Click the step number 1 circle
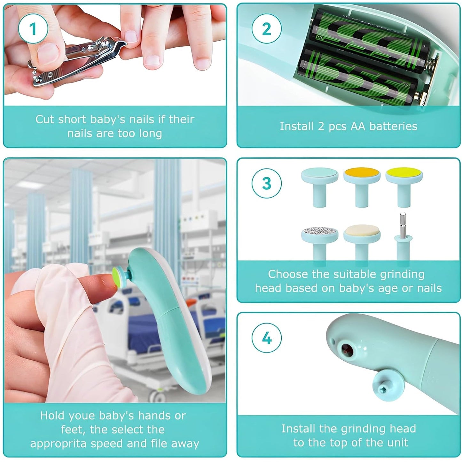click(33, 29)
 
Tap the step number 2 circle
click(266, 29)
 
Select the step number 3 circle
click(266, 184)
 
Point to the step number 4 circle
click(266, 338)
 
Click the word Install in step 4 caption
click(298, 428)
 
